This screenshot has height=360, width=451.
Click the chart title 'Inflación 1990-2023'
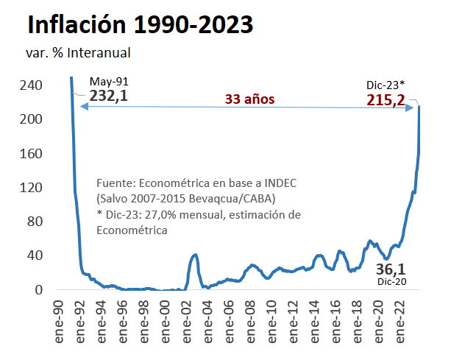pyautogui.click(x=140, y=24)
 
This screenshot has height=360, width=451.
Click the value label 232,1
pyautogui.click(x=108, y=96)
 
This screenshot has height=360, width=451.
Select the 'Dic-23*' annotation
pyautogui.click(x=386, y=85)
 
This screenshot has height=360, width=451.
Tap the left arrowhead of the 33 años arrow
pyautogui.click(x=82, y=107)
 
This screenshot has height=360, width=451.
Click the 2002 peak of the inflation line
pyautogui.click(x=195, y=255)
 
